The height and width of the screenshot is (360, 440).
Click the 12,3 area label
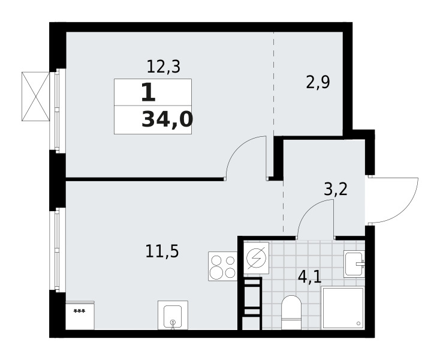163,67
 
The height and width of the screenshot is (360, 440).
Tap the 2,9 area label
318,82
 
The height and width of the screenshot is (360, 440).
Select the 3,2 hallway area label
336,189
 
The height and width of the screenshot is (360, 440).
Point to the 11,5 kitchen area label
162,251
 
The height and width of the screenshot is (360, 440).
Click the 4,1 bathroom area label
309,277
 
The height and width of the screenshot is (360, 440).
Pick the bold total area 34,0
167,119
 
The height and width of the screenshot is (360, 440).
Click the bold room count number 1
148,93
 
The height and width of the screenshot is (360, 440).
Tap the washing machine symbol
256,258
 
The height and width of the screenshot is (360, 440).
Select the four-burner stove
222,266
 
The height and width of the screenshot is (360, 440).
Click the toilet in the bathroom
291,312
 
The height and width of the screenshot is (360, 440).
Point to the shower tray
343,308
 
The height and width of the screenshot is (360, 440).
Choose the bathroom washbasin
354,264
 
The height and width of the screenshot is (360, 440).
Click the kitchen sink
173,315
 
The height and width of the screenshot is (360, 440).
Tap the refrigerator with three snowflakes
80,316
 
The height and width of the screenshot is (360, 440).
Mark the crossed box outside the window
35,97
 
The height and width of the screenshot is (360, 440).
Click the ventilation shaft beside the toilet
252,303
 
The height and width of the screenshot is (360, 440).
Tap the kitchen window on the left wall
58,250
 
